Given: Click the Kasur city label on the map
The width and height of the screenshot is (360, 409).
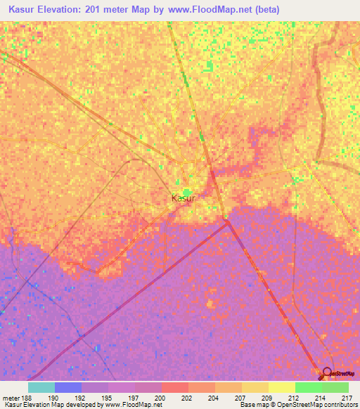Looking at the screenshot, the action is point(183,199).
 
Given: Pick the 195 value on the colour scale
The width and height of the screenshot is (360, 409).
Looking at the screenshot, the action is point(106,397).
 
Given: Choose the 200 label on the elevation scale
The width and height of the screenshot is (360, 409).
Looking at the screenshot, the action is point(160,397).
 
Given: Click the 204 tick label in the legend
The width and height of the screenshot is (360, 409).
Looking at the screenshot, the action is point(212,397).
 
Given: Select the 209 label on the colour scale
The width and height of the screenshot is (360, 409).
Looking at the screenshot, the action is point(266,397).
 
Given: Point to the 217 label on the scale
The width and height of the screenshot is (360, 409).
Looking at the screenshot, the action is point(346,397).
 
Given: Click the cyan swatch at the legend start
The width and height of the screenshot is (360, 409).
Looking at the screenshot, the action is point(41,387).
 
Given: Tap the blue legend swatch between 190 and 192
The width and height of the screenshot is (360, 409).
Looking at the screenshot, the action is point(68,387).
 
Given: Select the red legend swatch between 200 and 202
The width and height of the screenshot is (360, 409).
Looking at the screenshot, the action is point(175,387).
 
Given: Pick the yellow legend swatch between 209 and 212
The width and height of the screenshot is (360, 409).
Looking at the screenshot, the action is point(281,387).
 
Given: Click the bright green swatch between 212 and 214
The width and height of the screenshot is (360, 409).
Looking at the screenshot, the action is point(308,387).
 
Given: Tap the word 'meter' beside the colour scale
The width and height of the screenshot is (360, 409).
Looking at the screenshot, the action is point(11,397).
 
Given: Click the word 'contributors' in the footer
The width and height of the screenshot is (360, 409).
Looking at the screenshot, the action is point(340,405).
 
